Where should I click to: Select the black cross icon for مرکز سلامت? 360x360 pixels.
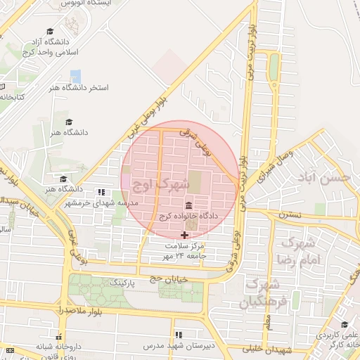pyautogui.click(x=185, y=235)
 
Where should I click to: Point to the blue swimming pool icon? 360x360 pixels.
pyautogui.click(x=75, y=76)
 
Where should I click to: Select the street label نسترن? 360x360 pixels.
pyautogui.click(x=290, y=214)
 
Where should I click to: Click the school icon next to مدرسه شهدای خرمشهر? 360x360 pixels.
pyautogui.click(x=101, y=192)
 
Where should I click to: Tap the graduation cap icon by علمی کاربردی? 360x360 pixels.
pyautogui.click(x=345, y=325)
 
